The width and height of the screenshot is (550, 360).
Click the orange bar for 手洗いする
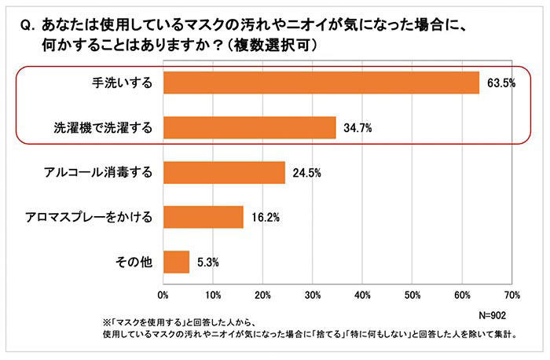coord(321,83)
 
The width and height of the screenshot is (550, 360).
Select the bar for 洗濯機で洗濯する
coord(249,127)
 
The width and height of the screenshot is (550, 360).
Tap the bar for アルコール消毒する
coord(224,172)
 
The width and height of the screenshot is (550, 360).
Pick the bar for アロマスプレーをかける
coord(203,217)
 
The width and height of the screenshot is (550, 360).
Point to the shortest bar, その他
coord(176,261)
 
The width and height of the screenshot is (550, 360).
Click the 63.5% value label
coord(500,83)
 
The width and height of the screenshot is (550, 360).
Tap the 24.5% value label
coord(306,172)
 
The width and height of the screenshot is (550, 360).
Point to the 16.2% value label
coord(265,217)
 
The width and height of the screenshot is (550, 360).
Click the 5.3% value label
coord(208,261)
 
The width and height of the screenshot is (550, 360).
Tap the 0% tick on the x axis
coord(163,296)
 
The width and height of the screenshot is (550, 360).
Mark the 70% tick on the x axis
coord(511,296)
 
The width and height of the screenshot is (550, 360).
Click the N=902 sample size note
coord(495,314)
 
